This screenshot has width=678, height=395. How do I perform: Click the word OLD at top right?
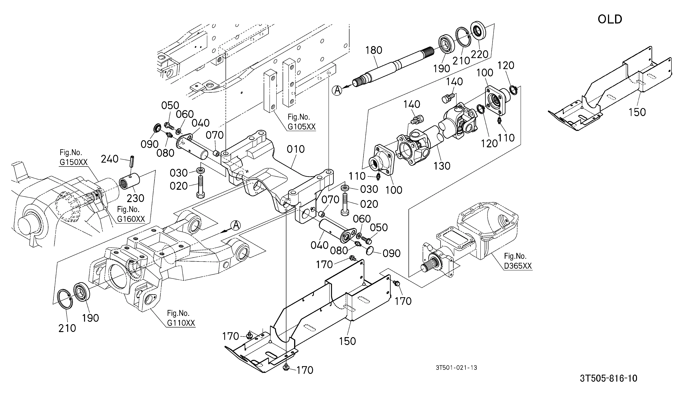(x=610, y=19)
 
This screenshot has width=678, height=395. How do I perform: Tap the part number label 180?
(x=374, y=50)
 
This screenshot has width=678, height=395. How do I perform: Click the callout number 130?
(x=442, y=166)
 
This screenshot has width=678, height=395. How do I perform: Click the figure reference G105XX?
(x=301, y=127)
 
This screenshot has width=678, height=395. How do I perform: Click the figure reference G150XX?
(x=73, y=162)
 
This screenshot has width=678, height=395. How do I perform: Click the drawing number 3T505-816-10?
(x=609, y=378)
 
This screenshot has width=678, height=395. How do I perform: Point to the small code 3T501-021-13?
(x=456, y=368)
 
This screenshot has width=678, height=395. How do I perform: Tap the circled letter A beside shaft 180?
(x=337, y=90)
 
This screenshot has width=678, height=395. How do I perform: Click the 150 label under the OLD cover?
(x=637, y=112)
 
